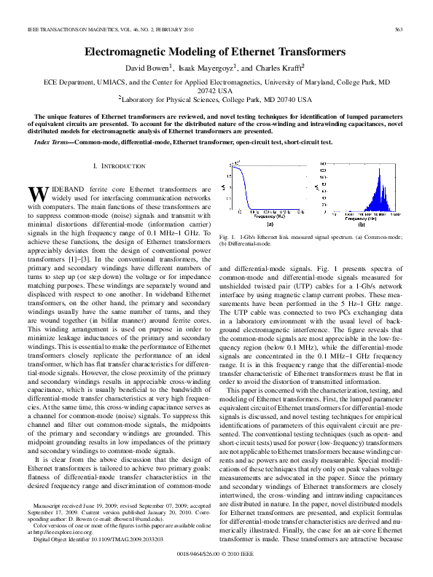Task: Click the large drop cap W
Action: (36, 194)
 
